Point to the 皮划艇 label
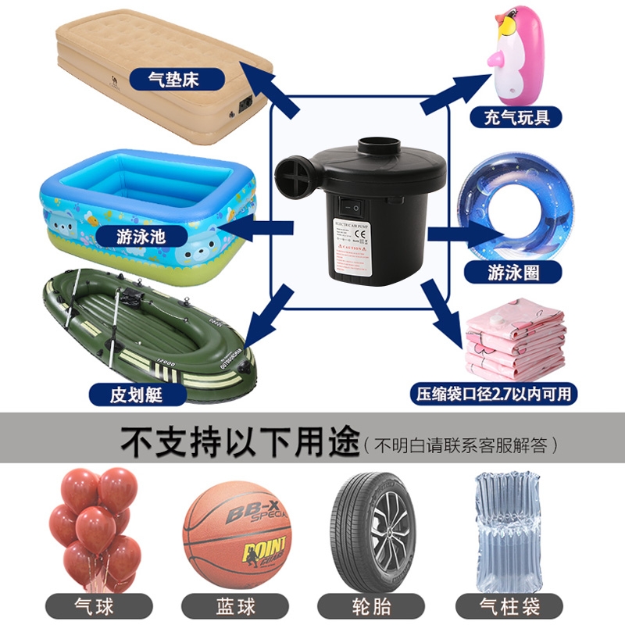(x=137, y=394)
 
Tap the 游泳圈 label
(x=513, y=272)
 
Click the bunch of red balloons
(x=92, y=523)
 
